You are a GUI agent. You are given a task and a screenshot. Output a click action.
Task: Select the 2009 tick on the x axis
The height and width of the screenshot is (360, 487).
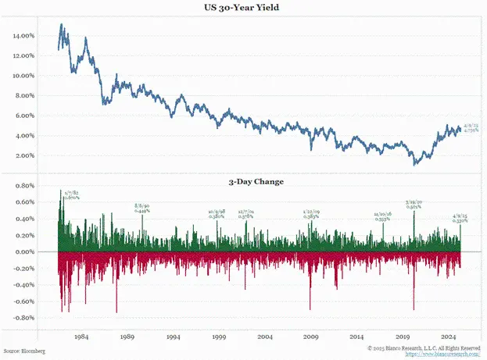pos(311,337)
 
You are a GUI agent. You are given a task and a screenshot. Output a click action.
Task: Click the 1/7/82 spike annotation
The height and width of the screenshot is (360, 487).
pos(70,195)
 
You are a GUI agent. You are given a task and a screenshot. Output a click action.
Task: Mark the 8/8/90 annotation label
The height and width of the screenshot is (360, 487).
pos(142,209)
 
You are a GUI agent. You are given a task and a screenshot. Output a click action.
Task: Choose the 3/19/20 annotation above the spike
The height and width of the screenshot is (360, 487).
pos(414,205)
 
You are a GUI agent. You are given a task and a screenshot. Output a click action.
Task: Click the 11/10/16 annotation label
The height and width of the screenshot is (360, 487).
pos(383,216)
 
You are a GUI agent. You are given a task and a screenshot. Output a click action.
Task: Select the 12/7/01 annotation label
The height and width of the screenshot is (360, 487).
pos(245,213)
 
